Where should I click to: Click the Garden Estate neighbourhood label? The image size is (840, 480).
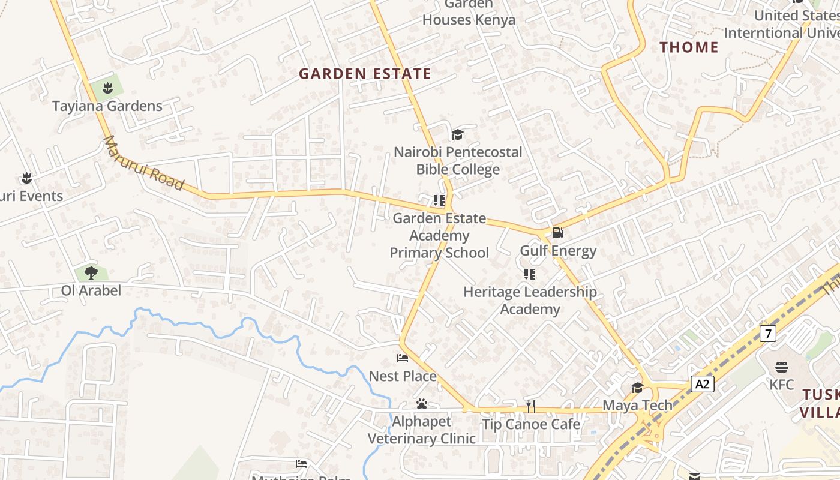click(x=365, y=74)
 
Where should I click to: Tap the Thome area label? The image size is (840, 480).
click(x=689, y=47)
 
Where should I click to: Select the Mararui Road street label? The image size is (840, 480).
click(x=143, y=163)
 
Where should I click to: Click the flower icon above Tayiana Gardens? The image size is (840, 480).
click(x=107, y=89)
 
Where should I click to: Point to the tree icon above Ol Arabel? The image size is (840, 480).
click(x=91, y=273)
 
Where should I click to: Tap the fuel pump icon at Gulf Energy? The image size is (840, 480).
click(x=557, y=233)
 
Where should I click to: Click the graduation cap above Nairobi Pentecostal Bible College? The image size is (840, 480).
click(x=458, y=135)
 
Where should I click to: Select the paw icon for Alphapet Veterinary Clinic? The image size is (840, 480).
click(x=422, y=404)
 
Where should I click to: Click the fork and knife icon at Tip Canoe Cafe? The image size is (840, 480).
click(x=531, y=406)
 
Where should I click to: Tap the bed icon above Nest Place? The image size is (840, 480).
click(x=403, y=359)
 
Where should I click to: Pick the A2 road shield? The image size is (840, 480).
click(x=702, y=384)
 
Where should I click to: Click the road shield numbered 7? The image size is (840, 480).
click(x=767, y=334)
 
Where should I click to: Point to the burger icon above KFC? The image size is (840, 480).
click(x=781, y=367)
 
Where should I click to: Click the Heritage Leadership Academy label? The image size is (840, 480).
click(x=530, y=301)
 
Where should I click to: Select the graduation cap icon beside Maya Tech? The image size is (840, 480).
click(x=637, y=388)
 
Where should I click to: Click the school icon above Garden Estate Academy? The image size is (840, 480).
click(x=439, y=200)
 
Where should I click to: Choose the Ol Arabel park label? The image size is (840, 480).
click(x=91, y=291)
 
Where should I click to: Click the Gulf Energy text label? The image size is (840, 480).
click(x=558, y=251)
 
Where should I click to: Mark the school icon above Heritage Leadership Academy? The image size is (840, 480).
click(x=530, y=275)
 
